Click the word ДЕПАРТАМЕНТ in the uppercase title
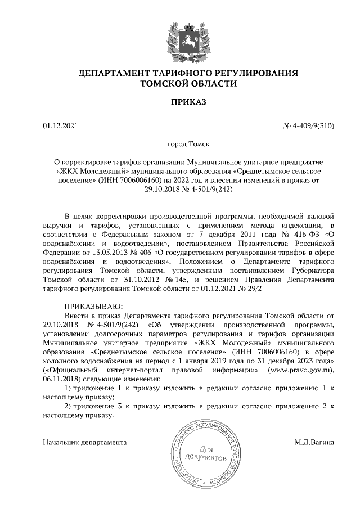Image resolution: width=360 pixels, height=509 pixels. tap(110, 73)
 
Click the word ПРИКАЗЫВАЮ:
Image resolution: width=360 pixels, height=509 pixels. tap(90, 307)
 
